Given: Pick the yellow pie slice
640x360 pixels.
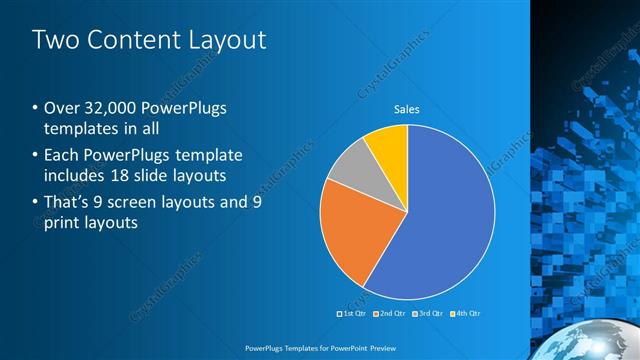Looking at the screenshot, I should (x=388, y=145).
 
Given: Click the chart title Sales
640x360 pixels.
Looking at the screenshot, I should (x=406, y=109).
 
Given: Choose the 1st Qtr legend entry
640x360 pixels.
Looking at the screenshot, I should (x=351, y=313).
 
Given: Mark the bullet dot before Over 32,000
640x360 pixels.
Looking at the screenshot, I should (x=36, y=109).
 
